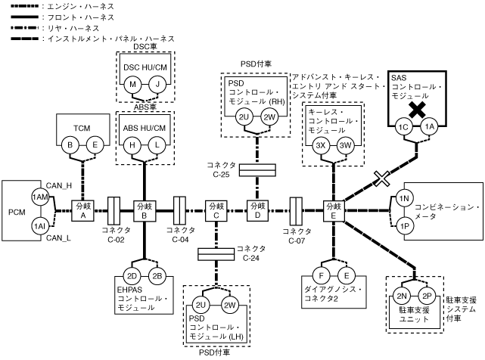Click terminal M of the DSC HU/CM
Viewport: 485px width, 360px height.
tap(133, 85)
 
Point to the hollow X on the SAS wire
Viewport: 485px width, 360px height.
tap(381, 178)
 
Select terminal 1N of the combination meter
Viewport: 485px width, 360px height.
tap(404, 199)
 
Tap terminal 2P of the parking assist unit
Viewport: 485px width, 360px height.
tap(427, 296)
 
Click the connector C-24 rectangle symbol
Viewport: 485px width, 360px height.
tap(217, 252)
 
